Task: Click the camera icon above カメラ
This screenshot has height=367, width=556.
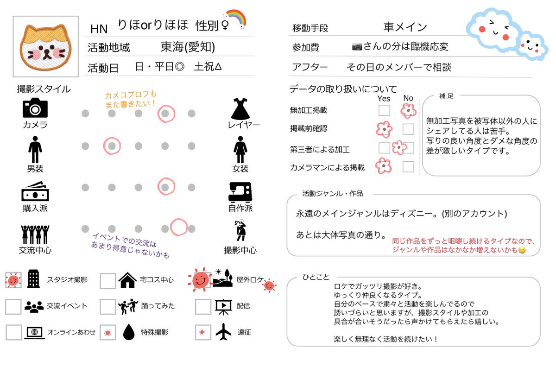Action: (x=35, y=108)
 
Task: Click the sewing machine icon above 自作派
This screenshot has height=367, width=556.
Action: (x=240, y=192)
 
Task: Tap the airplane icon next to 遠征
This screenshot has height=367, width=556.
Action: (x=223, y=331)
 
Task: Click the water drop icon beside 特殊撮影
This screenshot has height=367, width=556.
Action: (x=128, y=332)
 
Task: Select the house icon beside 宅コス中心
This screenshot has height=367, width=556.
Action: (x=127, y=280)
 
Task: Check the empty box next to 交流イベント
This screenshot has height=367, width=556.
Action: (x=13, y=306)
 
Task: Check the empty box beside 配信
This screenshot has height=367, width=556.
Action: (x=203, y=306)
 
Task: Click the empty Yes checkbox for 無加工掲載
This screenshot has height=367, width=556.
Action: (x=384, y=110)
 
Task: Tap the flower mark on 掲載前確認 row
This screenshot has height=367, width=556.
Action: (x=384, y=129)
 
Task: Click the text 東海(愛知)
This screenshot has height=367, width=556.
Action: (x=188, y=47)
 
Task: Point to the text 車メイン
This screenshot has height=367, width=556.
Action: (x=405, y=27)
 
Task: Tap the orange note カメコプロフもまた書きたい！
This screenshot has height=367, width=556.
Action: (x=131, y=99)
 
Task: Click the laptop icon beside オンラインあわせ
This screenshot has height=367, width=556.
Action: (x=34, y=332)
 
